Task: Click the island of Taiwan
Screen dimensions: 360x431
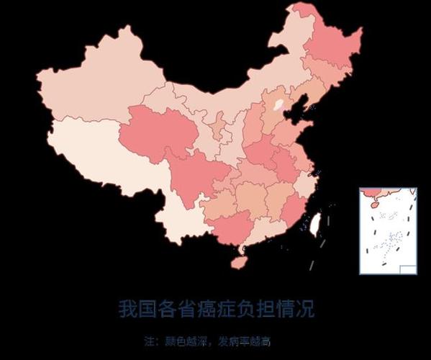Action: pyautogui.click(x=314, y=224)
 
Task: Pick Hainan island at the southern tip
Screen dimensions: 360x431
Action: pyautogui.click(x=239, y=261)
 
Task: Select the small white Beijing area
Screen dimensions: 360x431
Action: pyautogui.click(x=278, y=105)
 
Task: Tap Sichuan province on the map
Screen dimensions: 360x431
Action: pyautogui.click(x=191, y=176)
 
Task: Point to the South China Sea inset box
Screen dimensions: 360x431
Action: pyautogui.click(x=388, y=230)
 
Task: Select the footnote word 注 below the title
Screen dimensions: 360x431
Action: pyautogui.click(x=149, y=341)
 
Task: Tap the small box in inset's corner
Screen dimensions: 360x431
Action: pyautogui.click(x=407, y=269)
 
